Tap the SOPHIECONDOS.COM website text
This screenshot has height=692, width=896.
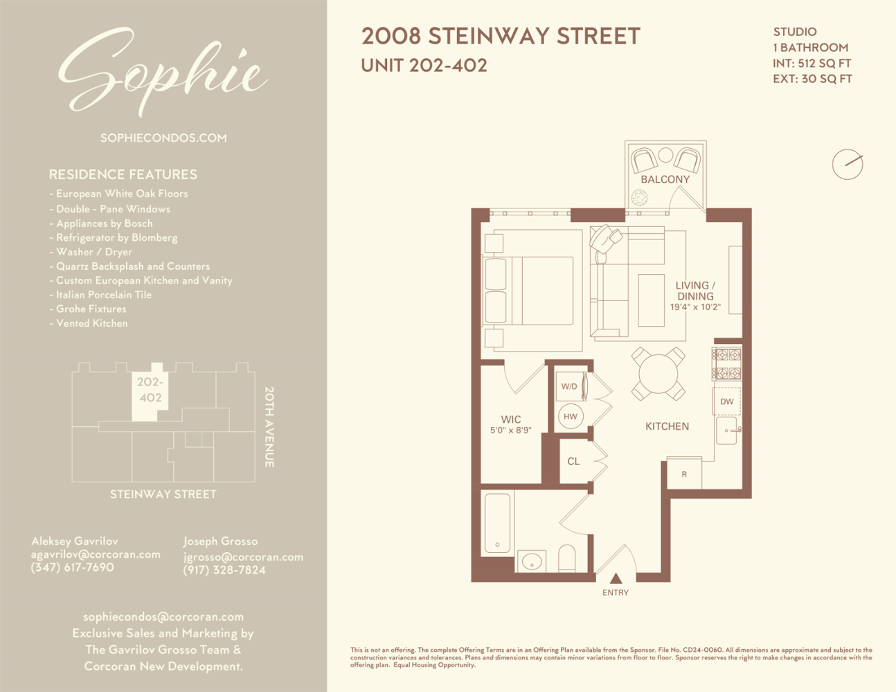click(x=163, y=138)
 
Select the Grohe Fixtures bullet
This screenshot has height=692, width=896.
click(x=91, y=309)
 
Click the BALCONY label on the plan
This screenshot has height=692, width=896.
click(x=665, y=179)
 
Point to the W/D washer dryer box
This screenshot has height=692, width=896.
click(x=570, y=386)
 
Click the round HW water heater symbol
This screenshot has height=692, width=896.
click(x=571, y=417)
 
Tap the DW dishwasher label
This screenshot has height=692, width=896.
click(x=726, y=401)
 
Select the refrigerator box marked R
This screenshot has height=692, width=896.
click(x=684, y=474)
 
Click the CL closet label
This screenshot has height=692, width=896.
click(x=573, y=462)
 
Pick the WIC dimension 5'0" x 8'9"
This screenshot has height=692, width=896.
click(x=510, y=430)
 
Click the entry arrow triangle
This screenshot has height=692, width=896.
click(x=616, y=579)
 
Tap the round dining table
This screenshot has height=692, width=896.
click(x=658, y=374)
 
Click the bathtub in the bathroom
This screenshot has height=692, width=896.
click(x=497, y=522)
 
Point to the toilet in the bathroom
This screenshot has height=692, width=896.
click(x=566, y=558)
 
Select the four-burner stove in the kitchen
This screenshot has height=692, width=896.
click(x=727, y=364)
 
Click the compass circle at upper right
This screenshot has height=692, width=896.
click(x=847, y=165)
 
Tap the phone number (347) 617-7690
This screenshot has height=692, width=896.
click(x=72, y=567)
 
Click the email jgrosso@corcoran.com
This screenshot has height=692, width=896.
click(x=243, y=557)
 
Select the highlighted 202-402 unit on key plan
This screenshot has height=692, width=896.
click(x=150, y=391)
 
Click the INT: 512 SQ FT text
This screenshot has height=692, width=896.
click(x=812, y=63)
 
